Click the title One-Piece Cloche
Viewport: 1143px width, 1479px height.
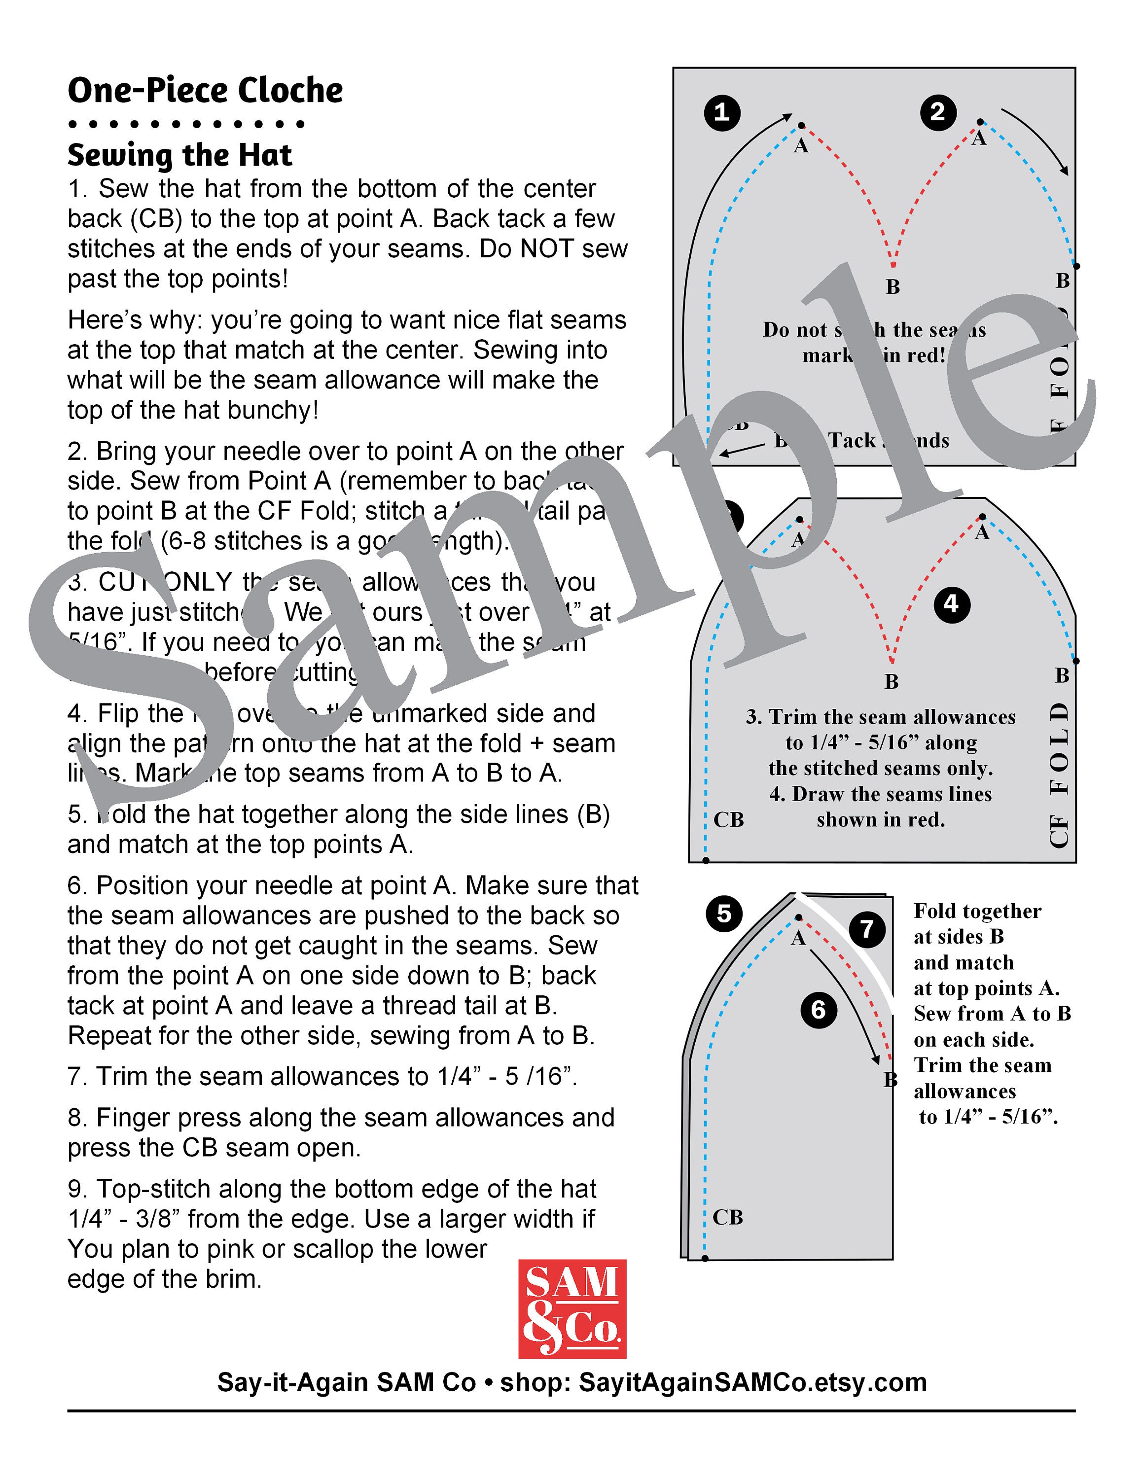point(205,90)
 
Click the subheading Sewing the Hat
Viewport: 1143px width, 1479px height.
point(179,155)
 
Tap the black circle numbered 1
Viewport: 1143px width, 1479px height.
point(722,112)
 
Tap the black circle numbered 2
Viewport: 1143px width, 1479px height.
point(938,112)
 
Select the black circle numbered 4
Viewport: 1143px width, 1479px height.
point(951,603)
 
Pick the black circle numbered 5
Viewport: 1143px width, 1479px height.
point(724,914)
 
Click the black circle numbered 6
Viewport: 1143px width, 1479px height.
point(819,1010)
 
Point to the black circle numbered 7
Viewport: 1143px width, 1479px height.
point(867,929)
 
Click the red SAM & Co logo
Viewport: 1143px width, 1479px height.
point(572,1309)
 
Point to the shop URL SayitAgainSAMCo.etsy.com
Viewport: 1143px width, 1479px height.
point(752,1382)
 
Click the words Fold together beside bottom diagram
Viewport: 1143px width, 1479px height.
point(977,912)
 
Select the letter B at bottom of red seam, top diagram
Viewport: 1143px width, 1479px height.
point(893,287)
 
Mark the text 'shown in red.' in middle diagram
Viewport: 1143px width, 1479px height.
point(880,820)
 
